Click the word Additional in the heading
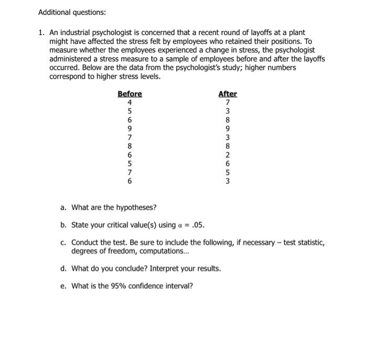pyautogui.click(x=55, y=12)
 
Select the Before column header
pyautogui.click(x=129, y=94)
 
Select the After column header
pyautogui.click(x=228, y=94)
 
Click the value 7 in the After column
pyautogui.click(x=228, y=102)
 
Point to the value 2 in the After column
pyautogui.click(x=228, y=155)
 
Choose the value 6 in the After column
pyautogui.click(x=228, y=163)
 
